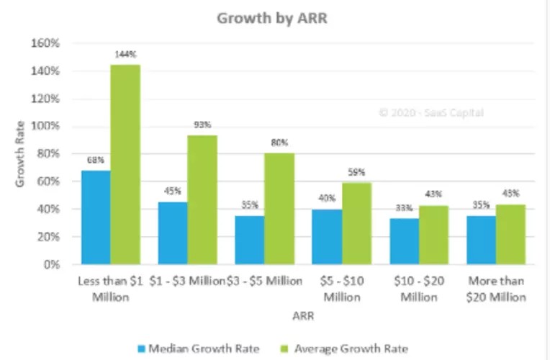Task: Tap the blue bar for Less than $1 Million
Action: coord(96,217)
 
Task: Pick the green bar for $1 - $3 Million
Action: coord(202,199)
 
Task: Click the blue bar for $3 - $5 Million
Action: coord(249,240)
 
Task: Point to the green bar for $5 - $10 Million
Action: coord(356,223)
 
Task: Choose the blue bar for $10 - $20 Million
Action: coord(404,241)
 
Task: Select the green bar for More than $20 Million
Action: coord(510,234)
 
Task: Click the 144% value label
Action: coord(125,55)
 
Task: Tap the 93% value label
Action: coord(202,125)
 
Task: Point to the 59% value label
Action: coord(357,172)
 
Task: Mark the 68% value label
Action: coord(95,160)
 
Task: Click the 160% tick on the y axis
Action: coord(46,43)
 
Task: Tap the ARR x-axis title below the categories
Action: coord(302,315)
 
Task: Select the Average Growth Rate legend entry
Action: coord(354,349)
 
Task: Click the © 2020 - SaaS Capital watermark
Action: coord(431,112)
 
